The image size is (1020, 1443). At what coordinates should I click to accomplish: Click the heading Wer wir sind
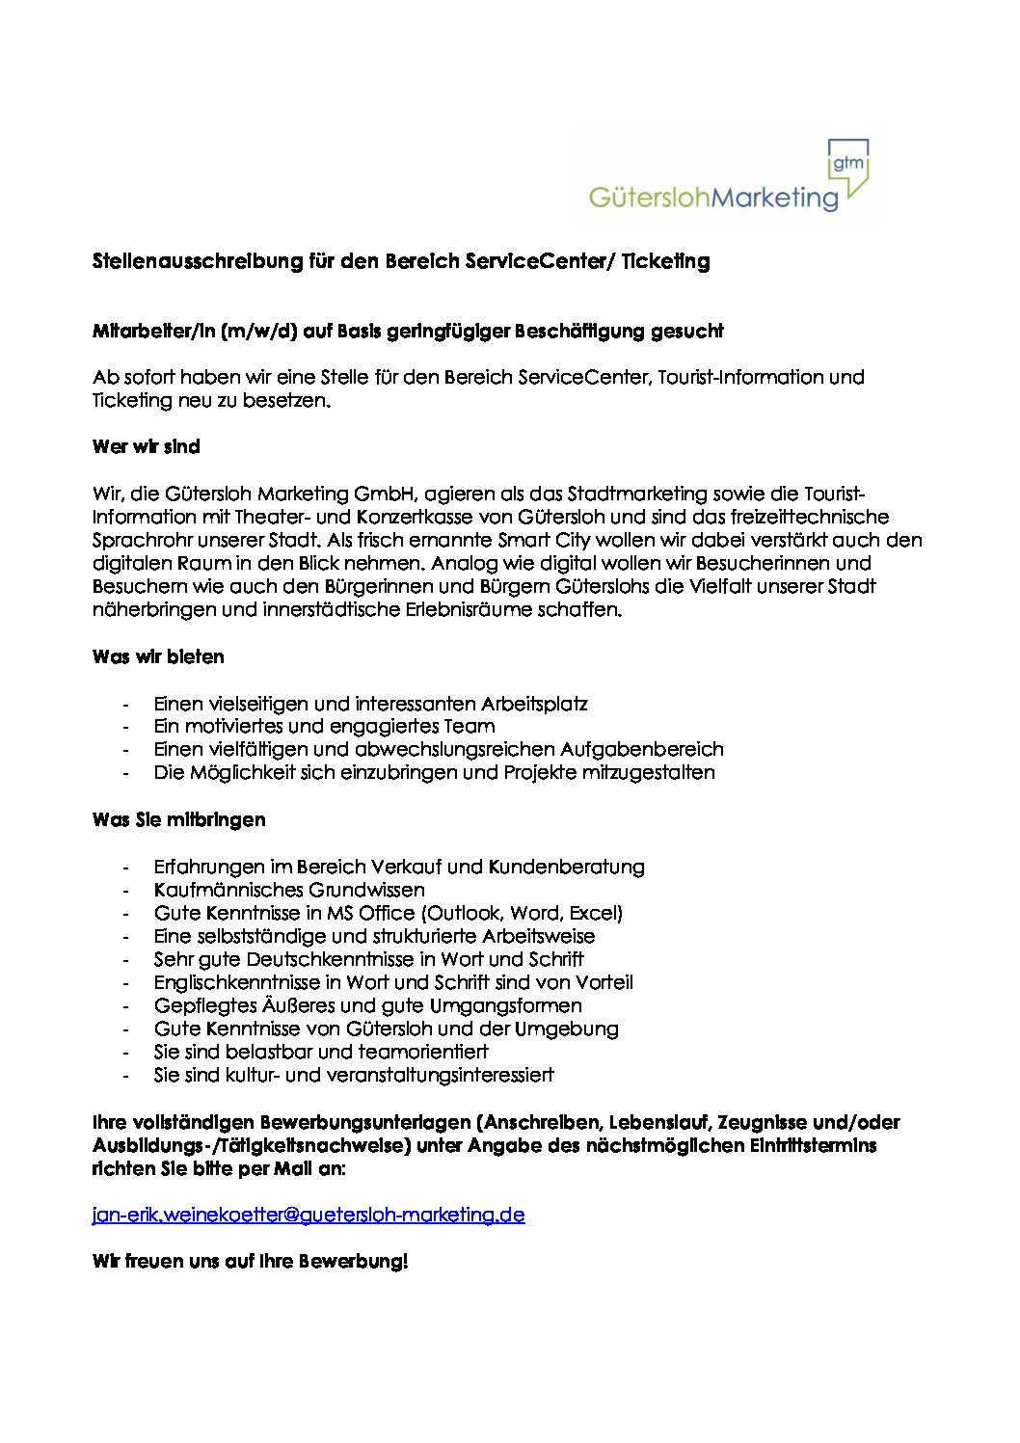146,447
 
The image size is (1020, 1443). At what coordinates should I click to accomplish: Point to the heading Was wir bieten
158,657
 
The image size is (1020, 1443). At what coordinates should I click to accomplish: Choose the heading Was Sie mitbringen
178,820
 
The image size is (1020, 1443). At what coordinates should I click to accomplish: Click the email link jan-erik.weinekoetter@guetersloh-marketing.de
309,1215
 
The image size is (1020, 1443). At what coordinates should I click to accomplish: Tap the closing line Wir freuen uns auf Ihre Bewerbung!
250,1262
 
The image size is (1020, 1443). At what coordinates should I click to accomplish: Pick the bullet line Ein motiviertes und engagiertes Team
324,727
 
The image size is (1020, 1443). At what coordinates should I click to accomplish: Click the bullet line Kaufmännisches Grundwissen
289,890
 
